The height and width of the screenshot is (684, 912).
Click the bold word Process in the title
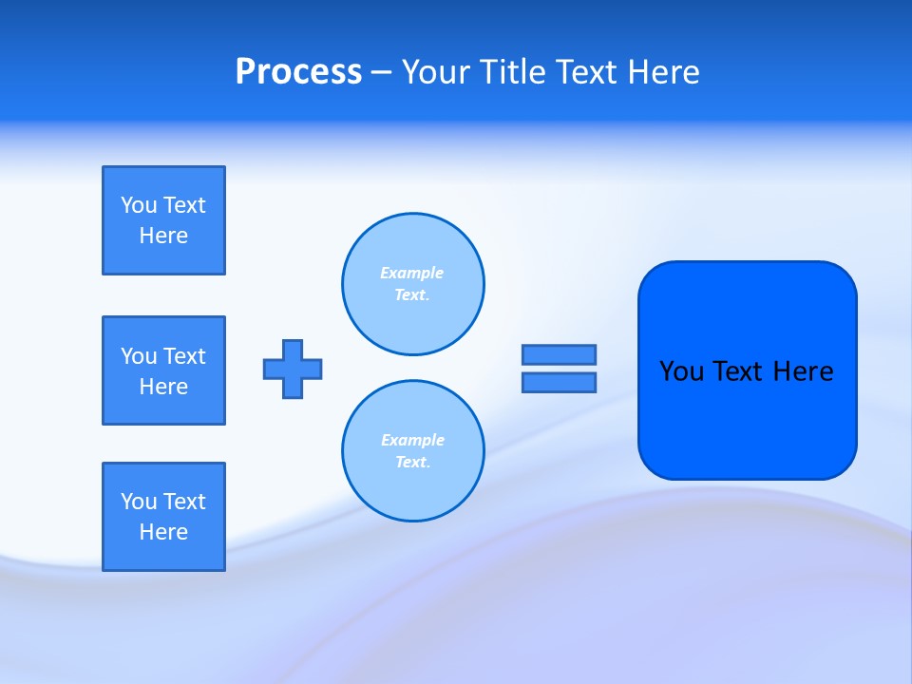click(298, 72)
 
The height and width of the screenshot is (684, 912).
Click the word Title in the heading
click(513, 72)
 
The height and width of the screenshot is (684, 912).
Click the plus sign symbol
click(293, 369)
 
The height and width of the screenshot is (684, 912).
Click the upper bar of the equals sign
click(559, 354)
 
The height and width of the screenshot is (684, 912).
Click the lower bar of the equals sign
click(559, 382)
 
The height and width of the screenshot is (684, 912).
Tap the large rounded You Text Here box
click(747, 418)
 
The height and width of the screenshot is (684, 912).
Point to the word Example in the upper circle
click(411, 273)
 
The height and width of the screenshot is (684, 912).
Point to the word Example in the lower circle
click(412, 440)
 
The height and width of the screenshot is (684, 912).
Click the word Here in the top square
click(163, 236)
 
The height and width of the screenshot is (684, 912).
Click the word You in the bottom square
click(139, 502)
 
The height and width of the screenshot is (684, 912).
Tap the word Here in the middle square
click(163, 387)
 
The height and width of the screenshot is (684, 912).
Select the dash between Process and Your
click(382, 72)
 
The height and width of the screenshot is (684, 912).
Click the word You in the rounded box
click(681, 371)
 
